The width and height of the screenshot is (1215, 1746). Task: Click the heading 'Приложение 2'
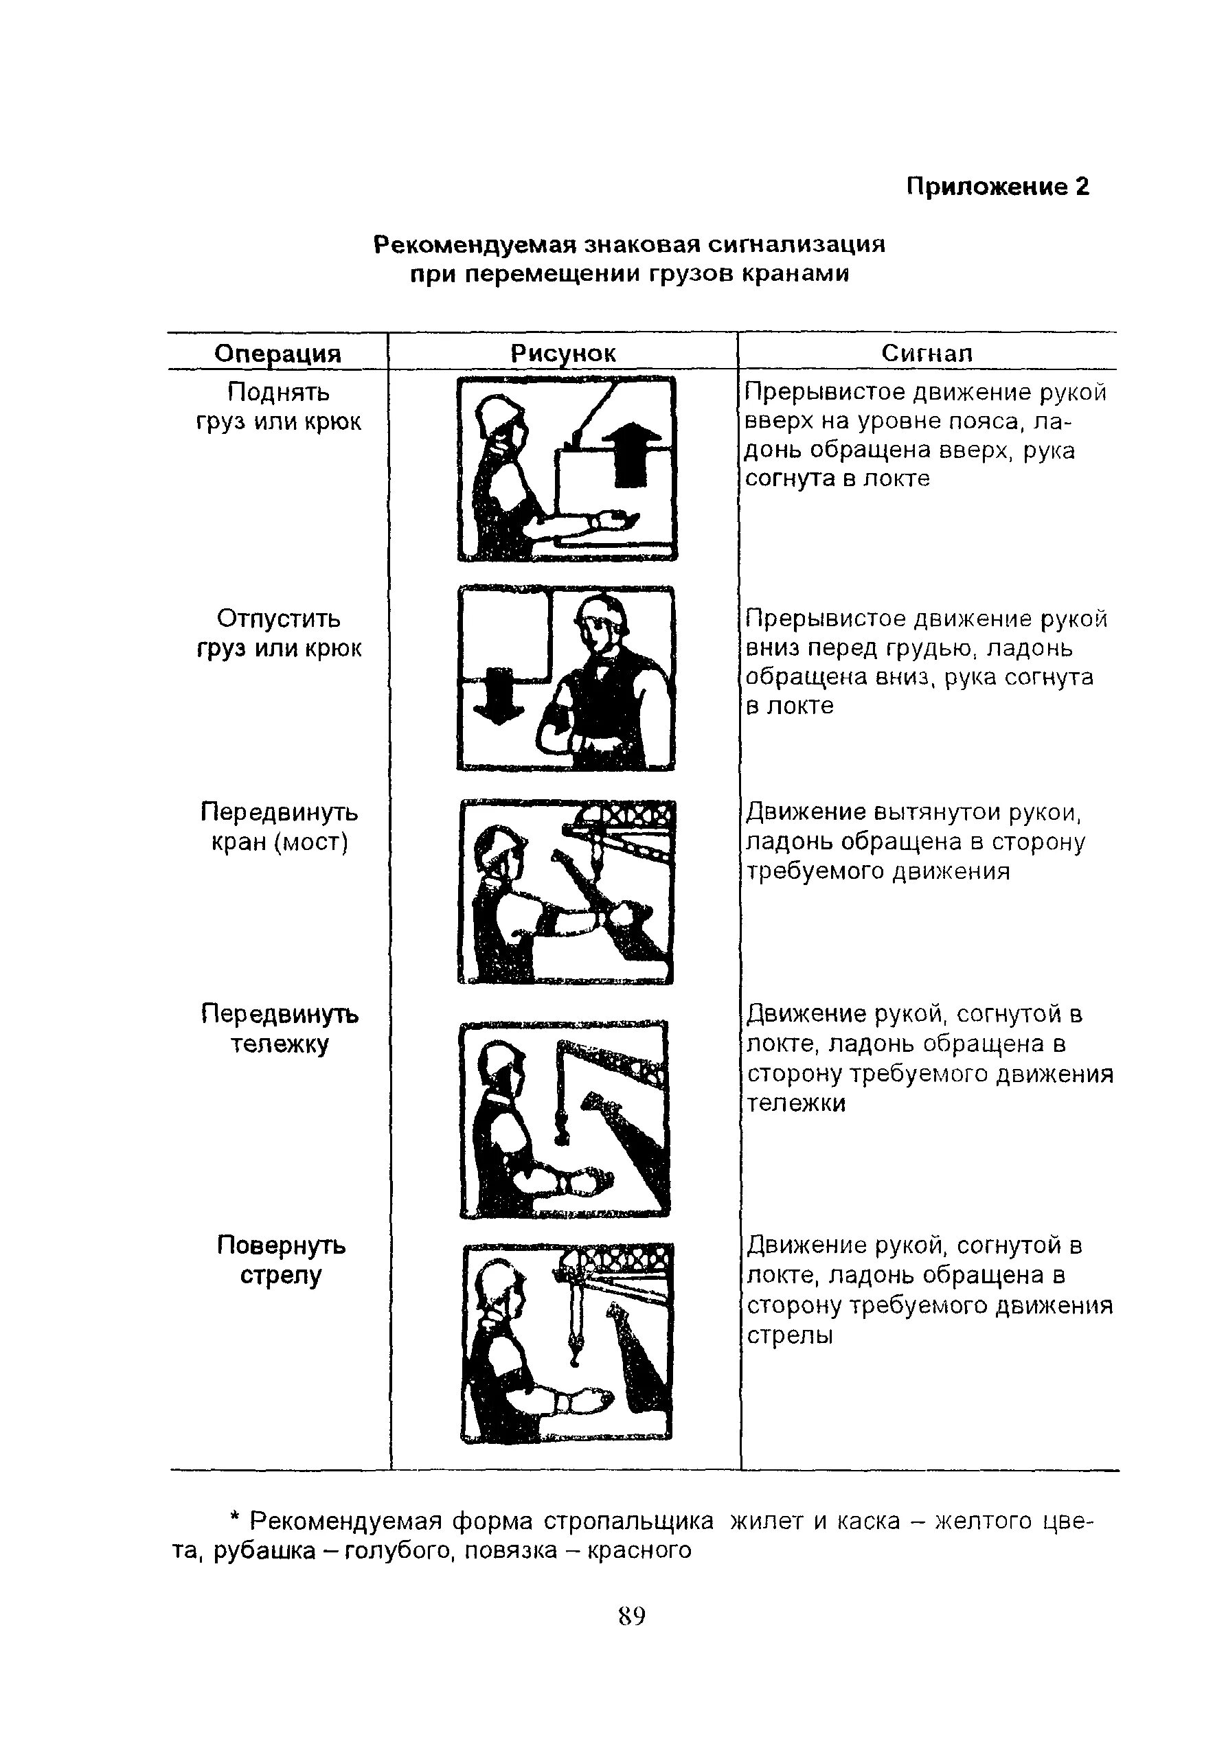(997, 186)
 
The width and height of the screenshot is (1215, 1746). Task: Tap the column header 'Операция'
(277, 354)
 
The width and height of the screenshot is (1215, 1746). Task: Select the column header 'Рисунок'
(563, 354)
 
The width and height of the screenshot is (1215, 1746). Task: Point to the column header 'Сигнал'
(927, 353)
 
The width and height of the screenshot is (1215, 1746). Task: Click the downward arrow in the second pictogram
(499, 694)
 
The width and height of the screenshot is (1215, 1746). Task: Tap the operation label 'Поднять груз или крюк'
(278, 407)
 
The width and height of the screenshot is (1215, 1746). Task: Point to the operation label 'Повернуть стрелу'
(281, 1259)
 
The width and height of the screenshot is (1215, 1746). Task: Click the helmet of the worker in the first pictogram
(499, 411)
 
